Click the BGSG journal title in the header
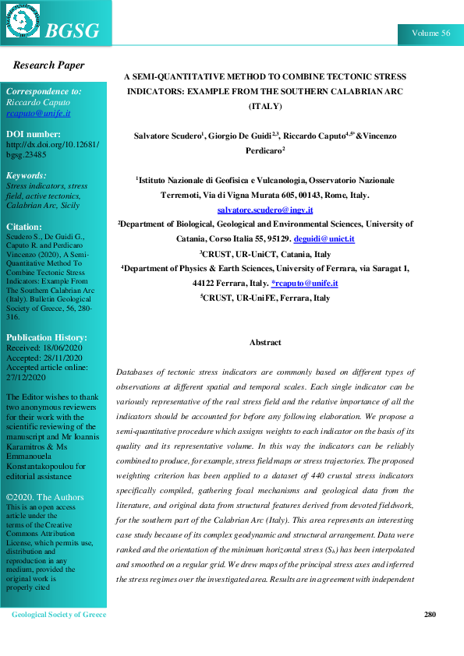(x=73, y=30)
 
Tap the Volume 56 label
(x=430, y=34)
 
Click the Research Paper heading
(x=48, y=65)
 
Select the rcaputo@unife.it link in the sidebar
(x=38, y=113)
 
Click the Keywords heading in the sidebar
(x=27, y=175)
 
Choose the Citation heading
(x=24, y=227)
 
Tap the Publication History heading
(x=47, y=337)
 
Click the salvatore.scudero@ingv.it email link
(x=265, y=210)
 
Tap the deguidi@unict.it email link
(x=329, y=238)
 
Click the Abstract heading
(x=265, y=342)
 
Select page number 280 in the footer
(x=430, y=615)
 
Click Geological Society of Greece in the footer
(x=58, y=615)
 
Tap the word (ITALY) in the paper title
(x=265, y=105)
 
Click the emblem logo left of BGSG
(x=23, y=21)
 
